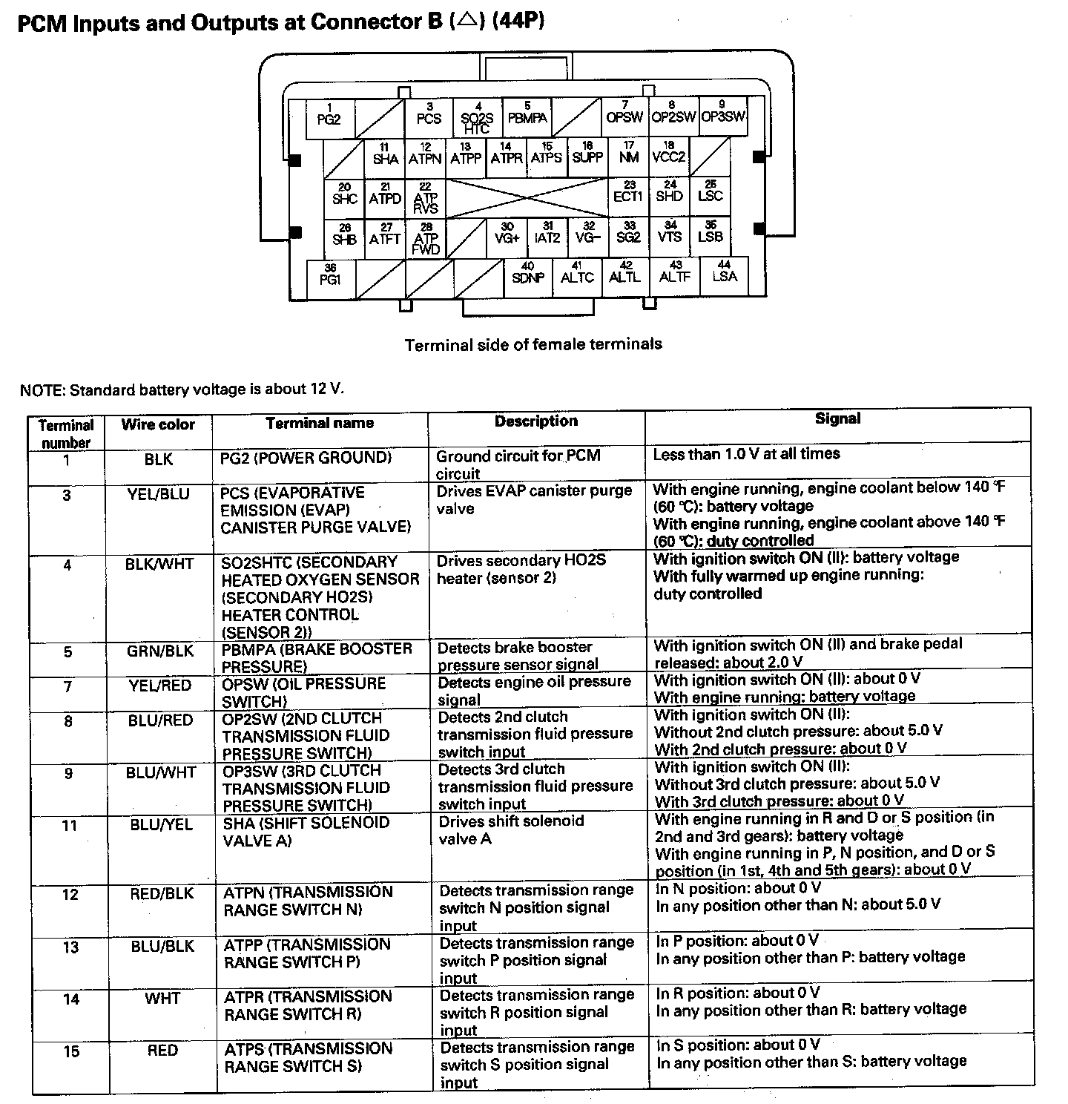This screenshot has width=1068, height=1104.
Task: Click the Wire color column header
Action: (x=158, y=424)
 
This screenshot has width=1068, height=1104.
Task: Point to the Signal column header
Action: (x=837, y=418)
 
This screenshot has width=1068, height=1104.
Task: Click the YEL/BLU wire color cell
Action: (x=158, y=494)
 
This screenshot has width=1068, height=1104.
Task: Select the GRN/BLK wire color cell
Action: (x=159, y=651)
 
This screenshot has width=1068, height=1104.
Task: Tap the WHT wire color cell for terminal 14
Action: (x=162, y=999)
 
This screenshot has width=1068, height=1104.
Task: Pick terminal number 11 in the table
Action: (x=69, y=825)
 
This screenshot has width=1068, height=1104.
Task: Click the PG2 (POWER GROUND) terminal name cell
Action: (x=306, y=458)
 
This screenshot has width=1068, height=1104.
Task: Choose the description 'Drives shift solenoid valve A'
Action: (x=511, y=830)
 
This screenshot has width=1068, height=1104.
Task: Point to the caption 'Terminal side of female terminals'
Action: (x=533, y=344)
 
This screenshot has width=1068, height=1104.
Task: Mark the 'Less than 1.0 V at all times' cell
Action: (x=746, y=454)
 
